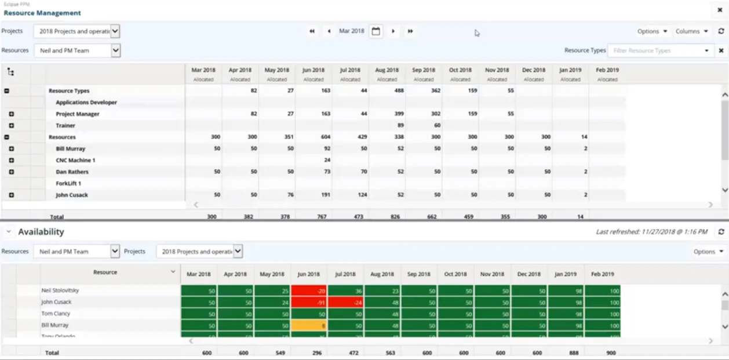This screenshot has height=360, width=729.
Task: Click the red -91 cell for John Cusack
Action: pos(309,302)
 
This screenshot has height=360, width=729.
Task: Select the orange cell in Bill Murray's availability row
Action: pos(309,325)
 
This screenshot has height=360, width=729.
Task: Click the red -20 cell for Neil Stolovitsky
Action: pos(309,290)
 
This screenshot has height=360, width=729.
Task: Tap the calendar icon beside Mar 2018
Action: pos(376,31)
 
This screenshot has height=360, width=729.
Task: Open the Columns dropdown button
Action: pos(691,31)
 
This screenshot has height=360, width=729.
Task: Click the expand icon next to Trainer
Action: pos(11,126)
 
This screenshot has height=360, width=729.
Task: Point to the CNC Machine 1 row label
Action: pos(75,161)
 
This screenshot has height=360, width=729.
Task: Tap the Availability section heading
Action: pos(41,232)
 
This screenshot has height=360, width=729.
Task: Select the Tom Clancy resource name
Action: pos(56,314)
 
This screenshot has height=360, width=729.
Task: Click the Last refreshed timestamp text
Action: pos(651,232)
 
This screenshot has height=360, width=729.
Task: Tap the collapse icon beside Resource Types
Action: pos(6,91)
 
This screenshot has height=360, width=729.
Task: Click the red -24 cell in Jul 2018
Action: pos(346,302)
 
